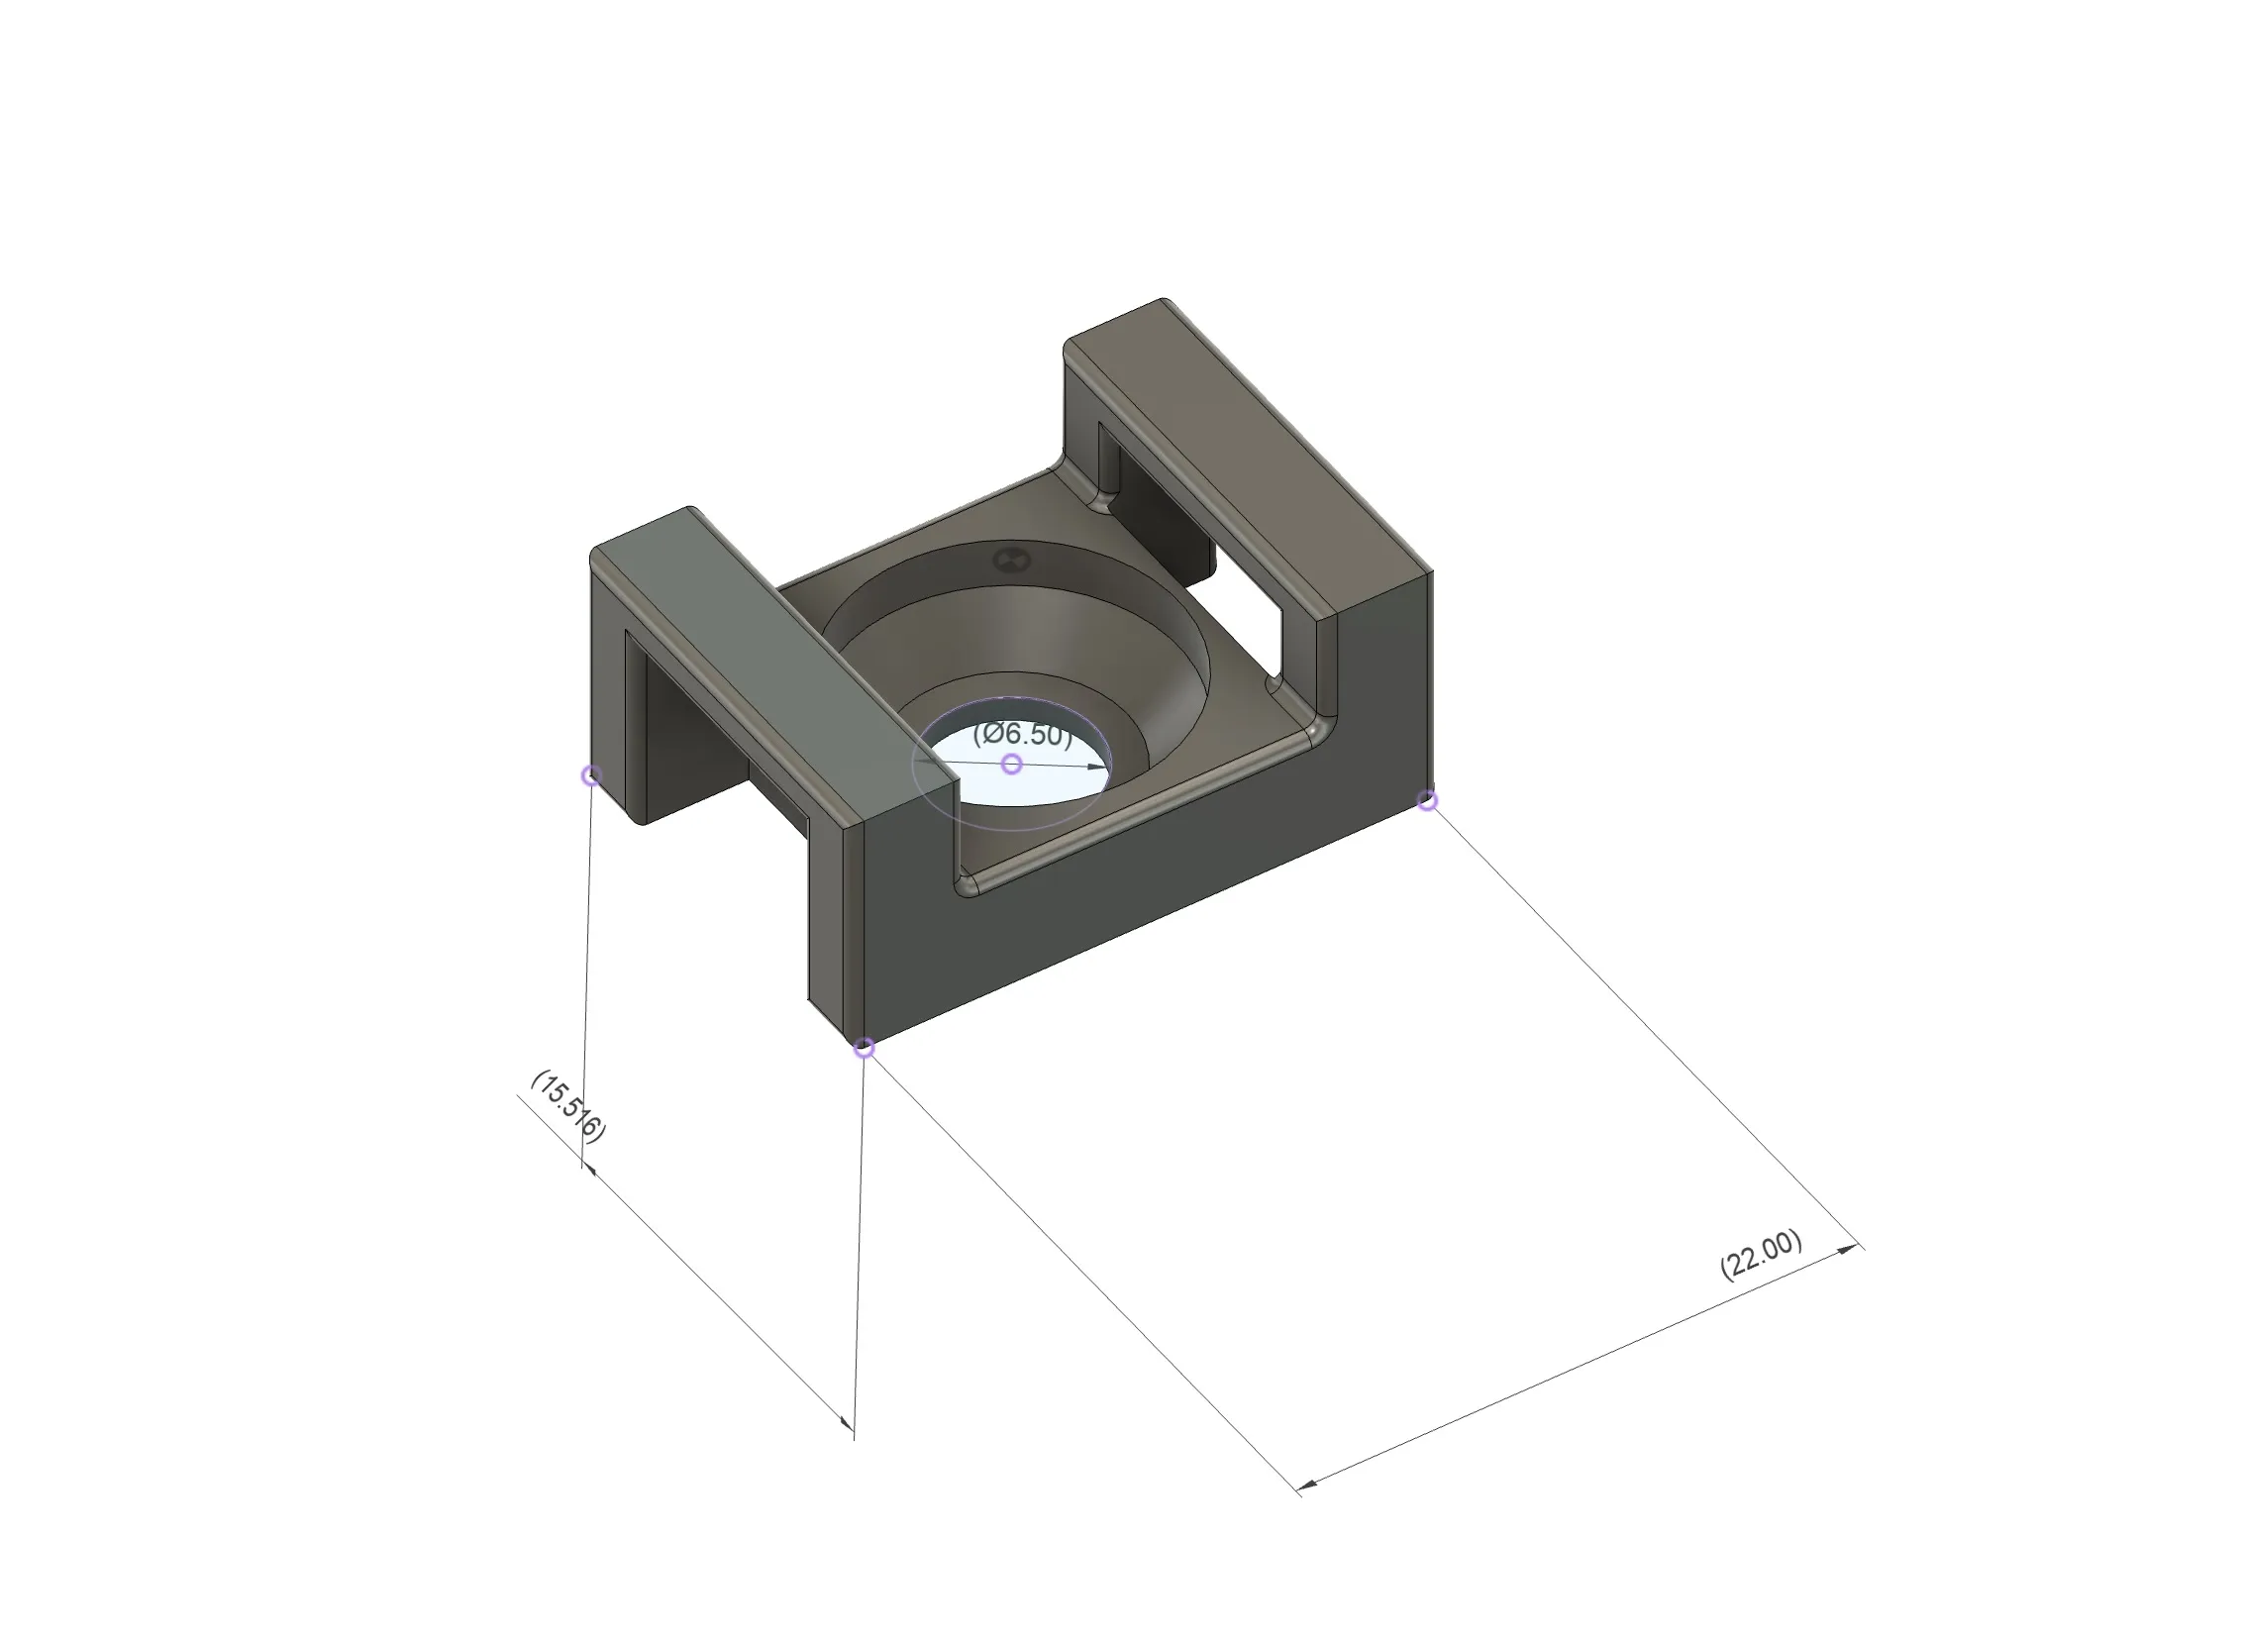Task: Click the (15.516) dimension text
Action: (x=567, y=1106)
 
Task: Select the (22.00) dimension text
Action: (x=1761, y=1256)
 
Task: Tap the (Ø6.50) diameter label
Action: (x=1023, y=735)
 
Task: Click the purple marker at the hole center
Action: (x=1012, y=764)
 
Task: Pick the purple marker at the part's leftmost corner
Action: (x=591, y=774)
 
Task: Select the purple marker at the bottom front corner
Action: (x=865, y=1048)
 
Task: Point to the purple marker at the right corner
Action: (x=1427, y=800)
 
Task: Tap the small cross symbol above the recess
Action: (x=1011, y=560)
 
